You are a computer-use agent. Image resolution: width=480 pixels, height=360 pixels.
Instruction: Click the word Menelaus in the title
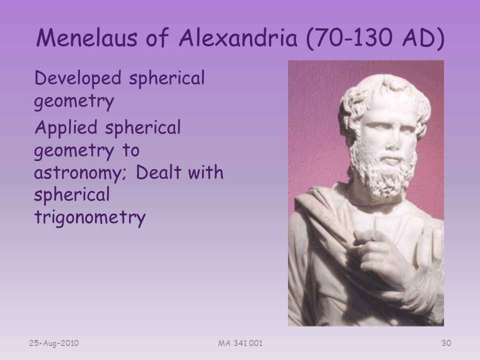[87, 38]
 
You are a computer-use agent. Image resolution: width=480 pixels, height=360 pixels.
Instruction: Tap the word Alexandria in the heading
[238, 38]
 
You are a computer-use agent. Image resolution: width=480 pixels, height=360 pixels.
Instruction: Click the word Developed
[78, 79]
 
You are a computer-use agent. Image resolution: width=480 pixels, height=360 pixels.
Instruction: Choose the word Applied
[66, 128]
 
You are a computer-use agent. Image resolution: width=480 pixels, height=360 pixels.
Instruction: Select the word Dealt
[158, 172]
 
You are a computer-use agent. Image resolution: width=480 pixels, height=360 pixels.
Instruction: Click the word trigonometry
[89, 218]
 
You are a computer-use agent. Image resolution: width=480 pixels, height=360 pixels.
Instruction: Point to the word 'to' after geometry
[130, 150]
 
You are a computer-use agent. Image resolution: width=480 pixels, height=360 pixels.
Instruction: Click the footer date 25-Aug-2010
[54, 343]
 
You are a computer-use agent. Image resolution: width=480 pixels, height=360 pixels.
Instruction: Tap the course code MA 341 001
[240, 343]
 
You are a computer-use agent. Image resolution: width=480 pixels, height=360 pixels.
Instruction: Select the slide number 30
[446, 343]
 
